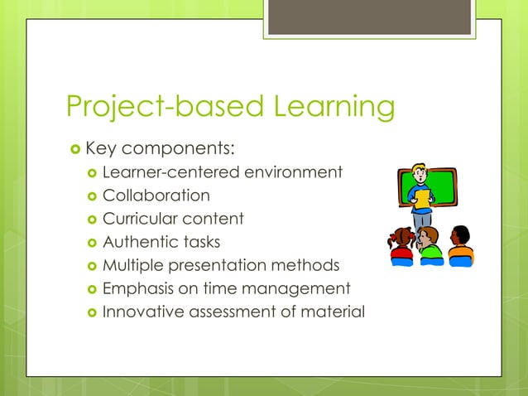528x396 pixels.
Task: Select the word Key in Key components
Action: tap(102, 149)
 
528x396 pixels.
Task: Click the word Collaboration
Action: tap(156, 196)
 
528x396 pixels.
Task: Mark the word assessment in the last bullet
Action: tap(231, 311)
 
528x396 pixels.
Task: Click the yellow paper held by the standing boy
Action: tap(423, 199)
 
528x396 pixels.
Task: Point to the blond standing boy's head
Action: tap(420, 176)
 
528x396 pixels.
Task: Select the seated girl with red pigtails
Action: tap(402, 244)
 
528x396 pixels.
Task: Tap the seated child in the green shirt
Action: tap(430, 246)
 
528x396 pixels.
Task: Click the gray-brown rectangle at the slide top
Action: tap(369, 17)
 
